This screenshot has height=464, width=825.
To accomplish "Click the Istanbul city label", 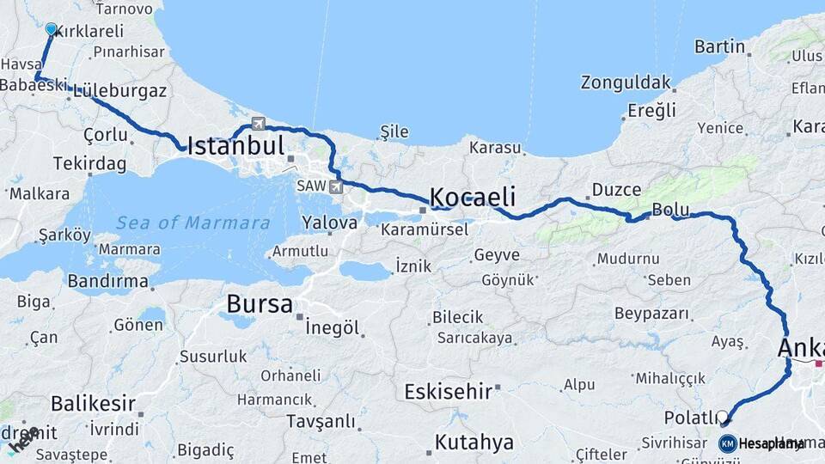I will (235, 145).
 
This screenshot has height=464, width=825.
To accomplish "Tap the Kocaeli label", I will (472, 196).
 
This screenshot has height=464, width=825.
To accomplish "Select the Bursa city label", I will (259, 304).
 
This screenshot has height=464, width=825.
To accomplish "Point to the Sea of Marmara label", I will (192, 223).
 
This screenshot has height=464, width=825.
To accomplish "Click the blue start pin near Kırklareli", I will (51, 30).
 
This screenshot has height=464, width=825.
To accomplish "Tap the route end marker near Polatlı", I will (724, 419).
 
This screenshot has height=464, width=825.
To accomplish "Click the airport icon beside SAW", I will (335, 186).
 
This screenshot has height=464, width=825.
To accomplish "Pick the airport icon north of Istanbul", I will (258, 123).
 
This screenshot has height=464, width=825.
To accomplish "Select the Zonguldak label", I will (625, 83).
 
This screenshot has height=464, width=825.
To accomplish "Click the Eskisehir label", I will (448, 392).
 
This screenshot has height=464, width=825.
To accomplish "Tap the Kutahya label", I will (474, 443).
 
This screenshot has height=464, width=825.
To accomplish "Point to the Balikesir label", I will (93, 402).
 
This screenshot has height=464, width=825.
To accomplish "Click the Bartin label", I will (719, 46).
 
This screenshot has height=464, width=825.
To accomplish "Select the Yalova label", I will (329, 223).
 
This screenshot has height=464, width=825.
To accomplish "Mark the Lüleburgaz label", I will (120, 90).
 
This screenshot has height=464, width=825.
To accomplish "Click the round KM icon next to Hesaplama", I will (728, 444).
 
